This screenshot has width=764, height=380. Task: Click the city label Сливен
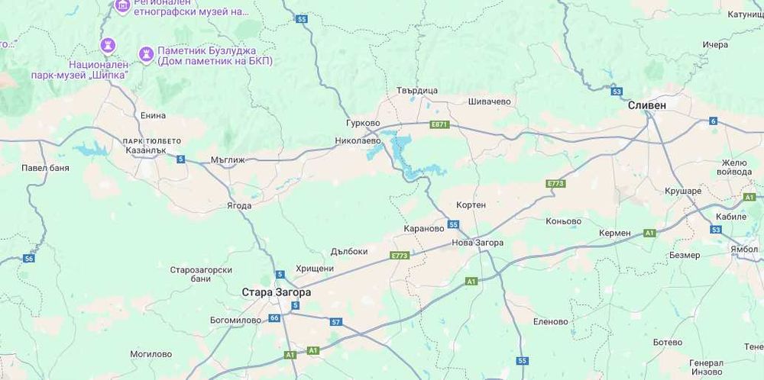(646, 105)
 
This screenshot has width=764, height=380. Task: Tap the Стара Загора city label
(276, 291)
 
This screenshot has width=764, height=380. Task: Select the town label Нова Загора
(477, 243)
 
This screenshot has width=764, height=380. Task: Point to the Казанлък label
(145, 151)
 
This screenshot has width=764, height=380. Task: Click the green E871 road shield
(439, 124)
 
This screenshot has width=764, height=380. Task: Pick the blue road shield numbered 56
(29, 259)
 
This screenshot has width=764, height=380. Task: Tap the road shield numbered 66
(274, 317)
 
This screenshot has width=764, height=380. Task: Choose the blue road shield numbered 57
(335, 322)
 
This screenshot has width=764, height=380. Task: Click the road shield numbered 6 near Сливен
(713, 121)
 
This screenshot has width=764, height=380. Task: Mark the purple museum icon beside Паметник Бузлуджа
(146, 52)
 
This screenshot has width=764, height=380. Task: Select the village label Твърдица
(417, 90)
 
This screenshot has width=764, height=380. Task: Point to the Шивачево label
(489, 101)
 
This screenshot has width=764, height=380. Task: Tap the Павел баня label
(45, 167)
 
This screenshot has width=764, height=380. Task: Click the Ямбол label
(744, 249)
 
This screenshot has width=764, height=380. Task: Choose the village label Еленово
(551, 321)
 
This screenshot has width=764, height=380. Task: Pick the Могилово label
(151, 354)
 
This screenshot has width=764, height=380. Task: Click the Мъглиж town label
(227, 160)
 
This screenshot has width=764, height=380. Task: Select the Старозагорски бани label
(201, 274)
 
